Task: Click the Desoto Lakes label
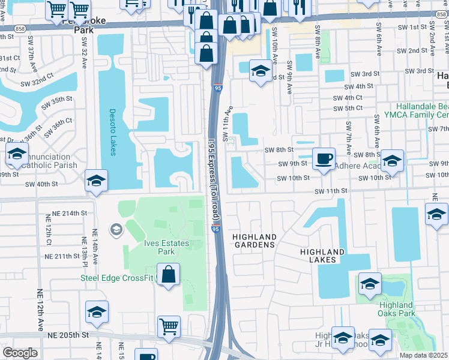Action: click(x=112, y=132)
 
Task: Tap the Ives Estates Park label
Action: click(x=166, y=247)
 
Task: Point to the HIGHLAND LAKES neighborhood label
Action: click(x=322, y=257)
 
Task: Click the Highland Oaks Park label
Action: click(x=397, y=309)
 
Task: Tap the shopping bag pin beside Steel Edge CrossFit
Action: click(x=170, y=275)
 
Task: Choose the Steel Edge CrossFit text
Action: click(x=117, y=277)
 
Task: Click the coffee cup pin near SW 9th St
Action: click(x=324, y=159)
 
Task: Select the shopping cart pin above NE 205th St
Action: click(x=169, y=327)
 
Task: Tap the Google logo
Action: click(x=20, y=352)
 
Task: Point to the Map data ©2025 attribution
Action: click(x=424, y=355)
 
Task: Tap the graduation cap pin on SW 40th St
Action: click(x=96, y=181)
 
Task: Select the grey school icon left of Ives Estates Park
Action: click(x=116, y=229)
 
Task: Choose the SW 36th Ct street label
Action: click(x=58, y=133)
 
